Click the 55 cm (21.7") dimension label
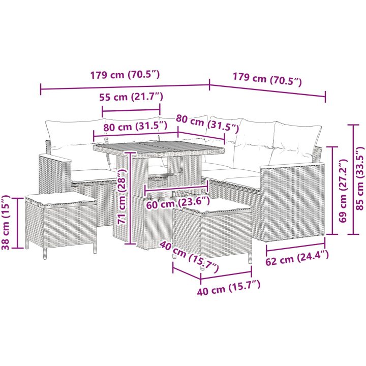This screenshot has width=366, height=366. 131,97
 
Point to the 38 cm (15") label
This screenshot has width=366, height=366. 6,223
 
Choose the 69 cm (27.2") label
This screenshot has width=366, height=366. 343,191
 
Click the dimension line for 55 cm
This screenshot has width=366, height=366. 131,110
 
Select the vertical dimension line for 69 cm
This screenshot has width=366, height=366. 332,190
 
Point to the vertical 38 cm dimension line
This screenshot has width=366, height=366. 17,223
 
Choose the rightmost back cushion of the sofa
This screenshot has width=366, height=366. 294,143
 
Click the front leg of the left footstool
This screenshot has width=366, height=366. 45,253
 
